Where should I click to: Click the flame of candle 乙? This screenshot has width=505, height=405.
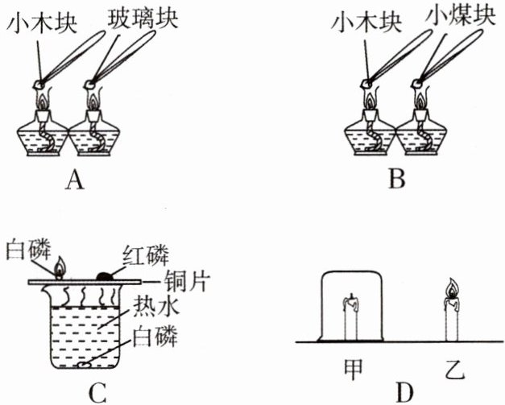pos(451,289)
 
